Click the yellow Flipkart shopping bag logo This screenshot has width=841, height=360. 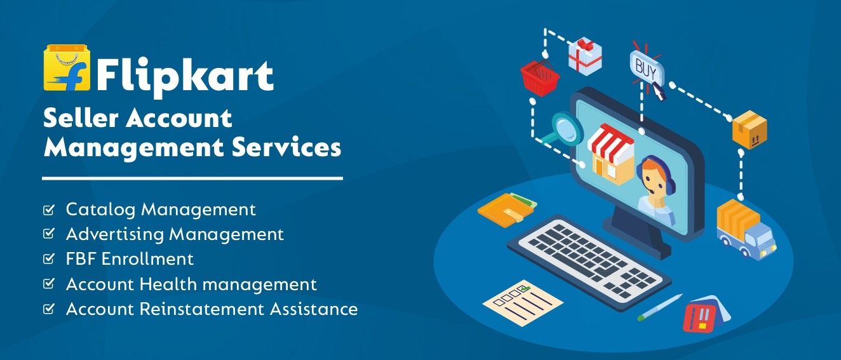[x=67, y=68]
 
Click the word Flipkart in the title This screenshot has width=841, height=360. [x=185, y=77]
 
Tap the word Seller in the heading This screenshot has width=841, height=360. [x=81, y=118]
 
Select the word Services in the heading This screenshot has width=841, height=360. [x=286, y=147]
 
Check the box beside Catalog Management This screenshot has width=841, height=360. [x=49, y=210]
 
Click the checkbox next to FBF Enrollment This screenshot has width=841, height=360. [x=49, y=258]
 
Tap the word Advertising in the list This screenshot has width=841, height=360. [x=115, y=235]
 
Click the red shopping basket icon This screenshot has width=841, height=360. [x=539, y=77]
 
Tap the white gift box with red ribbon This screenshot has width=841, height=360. [x=584, y=56]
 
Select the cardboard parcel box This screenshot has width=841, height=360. [x=750, y=130]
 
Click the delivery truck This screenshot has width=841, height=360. [x=745, y=229]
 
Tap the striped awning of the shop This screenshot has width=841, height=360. [x=610, y=142]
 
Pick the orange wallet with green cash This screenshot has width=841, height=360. [x=507, y=210]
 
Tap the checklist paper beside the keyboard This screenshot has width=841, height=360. [x=523, y=303]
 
